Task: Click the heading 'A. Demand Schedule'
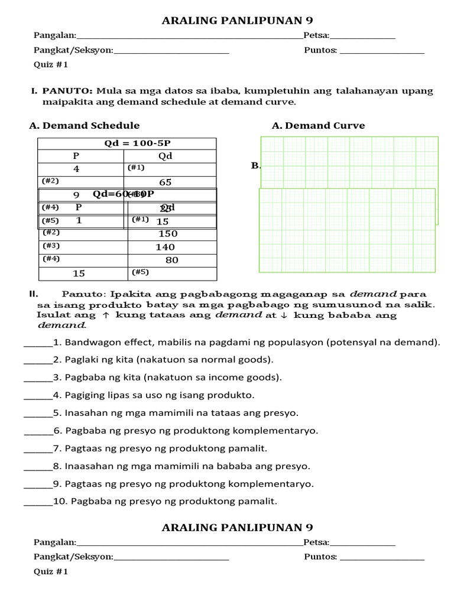(84, 125)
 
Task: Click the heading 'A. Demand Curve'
(318, 125)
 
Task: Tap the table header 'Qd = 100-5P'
(127, 143)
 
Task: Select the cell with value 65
(165, 182)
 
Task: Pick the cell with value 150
(168, 234)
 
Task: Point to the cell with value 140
(165, 248)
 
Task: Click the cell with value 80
(171, 260)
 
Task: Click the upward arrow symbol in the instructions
(106, 315)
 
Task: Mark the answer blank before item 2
(35, 360)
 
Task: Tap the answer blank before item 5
(35, 413)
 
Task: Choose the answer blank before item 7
(35, 448)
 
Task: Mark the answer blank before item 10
(35, 502)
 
